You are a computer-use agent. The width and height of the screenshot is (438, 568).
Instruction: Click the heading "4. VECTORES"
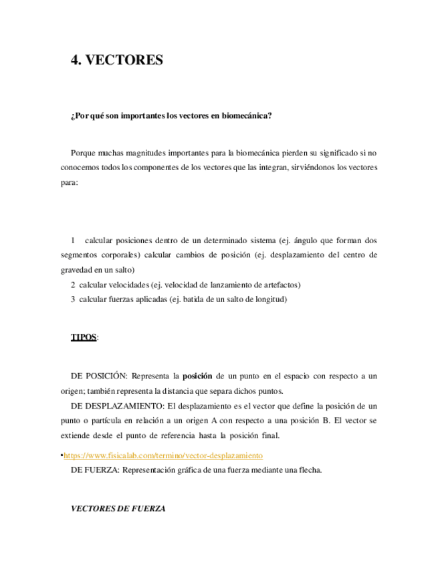pyautogui.click(x=117, y=60)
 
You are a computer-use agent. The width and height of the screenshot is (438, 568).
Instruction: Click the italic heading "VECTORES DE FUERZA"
pyautogui.click(x=118, y=509)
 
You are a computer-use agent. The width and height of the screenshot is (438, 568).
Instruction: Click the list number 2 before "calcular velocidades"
pyautogui.click(x=73, y=285)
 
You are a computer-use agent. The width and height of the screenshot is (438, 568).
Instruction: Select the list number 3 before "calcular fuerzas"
pyautogui.click(x=73, y=299)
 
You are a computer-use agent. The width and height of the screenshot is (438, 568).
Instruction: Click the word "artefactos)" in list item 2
pyautogui.click(x=280, y=285)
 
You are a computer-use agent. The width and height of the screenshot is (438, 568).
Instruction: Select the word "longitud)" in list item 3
pyautogui.click(x=269, y=299)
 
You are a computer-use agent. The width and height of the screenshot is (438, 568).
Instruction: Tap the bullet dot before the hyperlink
pyautogui.click(x=62, y=455)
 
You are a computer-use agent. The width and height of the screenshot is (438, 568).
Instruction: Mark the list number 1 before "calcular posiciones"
pyautogui.click(x=73, y=240)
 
